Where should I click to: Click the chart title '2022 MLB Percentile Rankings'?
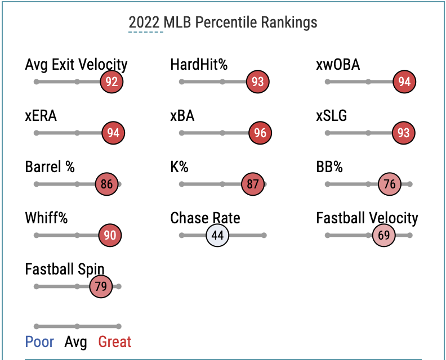223,22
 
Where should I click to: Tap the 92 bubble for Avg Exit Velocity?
111,82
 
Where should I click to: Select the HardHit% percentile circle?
257,82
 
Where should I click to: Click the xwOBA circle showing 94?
404,82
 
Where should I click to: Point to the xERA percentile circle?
113,133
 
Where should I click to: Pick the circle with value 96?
260,133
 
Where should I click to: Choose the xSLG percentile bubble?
403,133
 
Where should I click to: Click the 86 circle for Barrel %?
106,184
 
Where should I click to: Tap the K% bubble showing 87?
253,184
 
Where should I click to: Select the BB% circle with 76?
390,184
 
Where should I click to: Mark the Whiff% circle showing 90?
110,235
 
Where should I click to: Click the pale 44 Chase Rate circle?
217,235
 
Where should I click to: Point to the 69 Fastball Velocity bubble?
383,235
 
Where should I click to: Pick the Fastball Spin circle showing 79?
101,286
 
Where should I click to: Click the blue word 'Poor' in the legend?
39,342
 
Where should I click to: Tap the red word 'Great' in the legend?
114,342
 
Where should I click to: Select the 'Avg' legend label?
76,342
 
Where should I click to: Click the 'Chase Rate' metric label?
205,218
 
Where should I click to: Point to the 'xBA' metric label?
182,116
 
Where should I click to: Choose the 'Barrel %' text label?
50,167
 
